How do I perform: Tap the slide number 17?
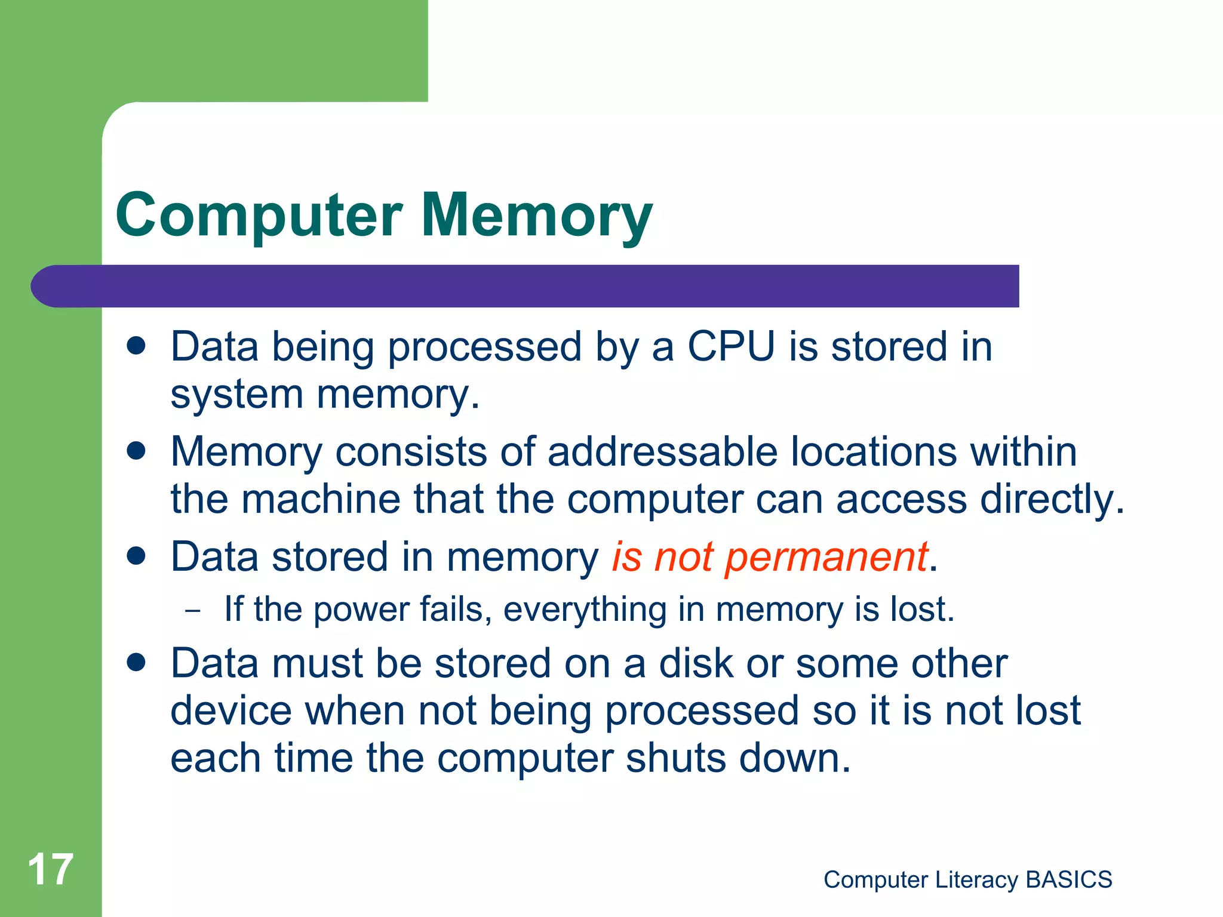coord(51,869)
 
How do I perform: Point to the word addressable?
coord(662,451)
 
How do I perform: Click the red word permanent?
coord(826,556)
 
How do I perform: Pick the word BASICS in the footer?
coord(1068,879)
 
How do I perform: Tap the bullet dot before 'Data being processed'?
coord(137,346)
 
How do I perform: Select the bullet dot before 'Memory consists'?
coord(137,451)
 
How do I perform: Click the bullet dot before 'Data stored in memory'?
coord(137,556)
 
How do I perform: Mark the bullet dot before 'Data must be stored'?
coord(137,663)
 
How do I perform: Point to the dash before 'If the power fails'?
coord(193,611)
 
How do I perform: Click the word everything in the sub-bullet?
coord(585,610)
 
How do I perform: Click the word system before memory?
coord(237,395)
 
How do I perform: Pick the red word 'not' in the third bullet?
coord(683,556)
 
